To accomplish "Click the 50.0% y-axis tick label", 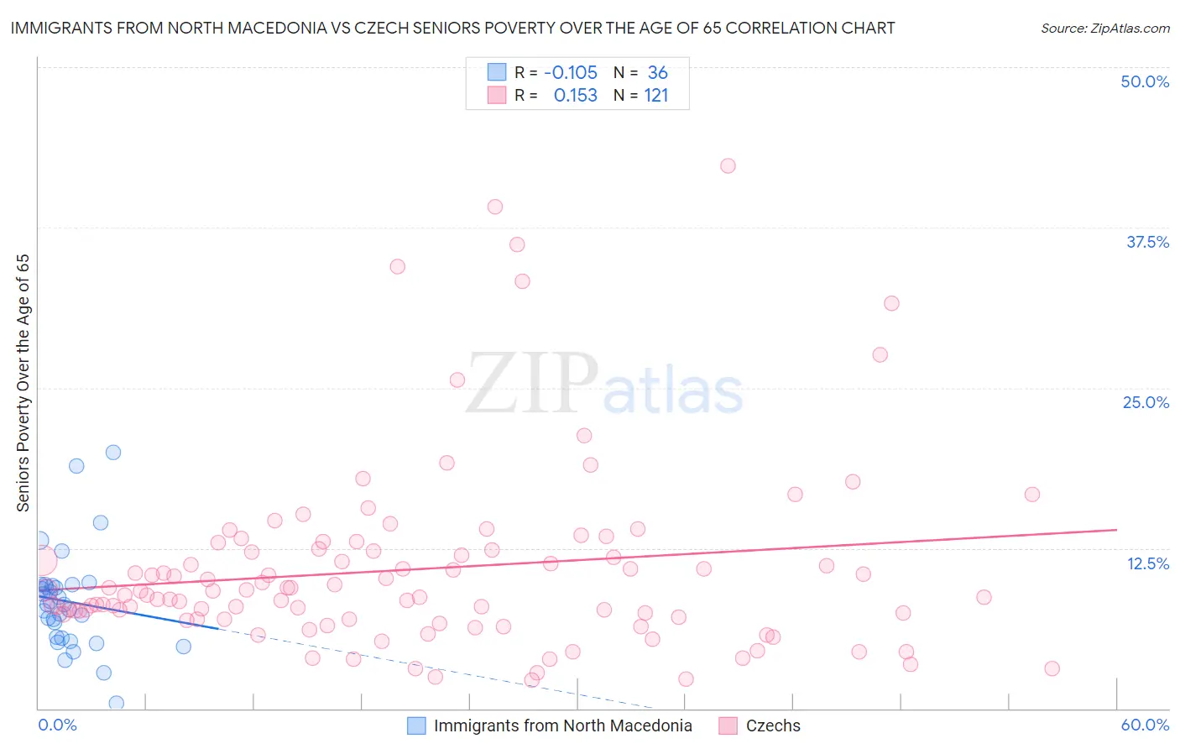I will pyautogui.click(x=1145, y=81).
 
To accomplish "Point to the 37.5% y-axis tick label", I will pyautogui.click(x=1147, y=242).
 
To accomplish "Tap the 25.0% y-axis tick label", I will pyautogui.click(x=1146, y=402).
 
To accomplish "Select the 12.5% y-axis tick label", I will pyautogui.click(x=1147, y=563).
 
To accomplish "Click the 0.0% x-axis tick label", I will pyautogui.click(x=57, y=725).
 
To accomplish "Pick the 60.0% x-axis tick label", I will pyautogui.click(x=1145, y=725).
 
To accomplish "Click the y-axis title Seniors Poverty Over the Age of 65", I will pyautogui.click(x=23, y=383).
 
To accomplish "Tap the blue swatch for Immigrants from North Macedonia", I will pyautogui.click(x=416, y=725).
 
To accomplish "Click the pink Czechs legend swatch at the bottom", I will pyautogui.click(x=728, y=725).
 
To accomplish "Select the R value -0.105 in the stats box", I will pyautogui.click(x=571, y=73).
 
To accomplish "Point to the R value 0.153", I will pyautogui.click(x=575, y=96).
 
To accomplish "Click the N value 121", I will pyautogui.click(x=656, y=96).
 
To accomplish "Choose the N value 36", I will pyautogui.click(x=657, y=73).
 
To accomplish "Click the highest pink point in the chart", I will pyautogui.click(x=728, y=166).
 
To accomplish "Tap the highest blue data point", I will pyautogui.click(x=113, y=453).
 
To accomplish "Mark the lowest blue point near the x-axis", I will pyautogui.click(x=117, y=703).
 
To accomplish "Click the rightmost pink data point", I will pyautogui.click(x=1052, y=668).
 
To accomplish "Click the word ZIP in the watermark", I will pyautogui.click(x=531, y=385).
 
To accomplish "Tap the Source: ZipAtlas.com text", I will pyautogui.click(x=1104, y=29).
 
